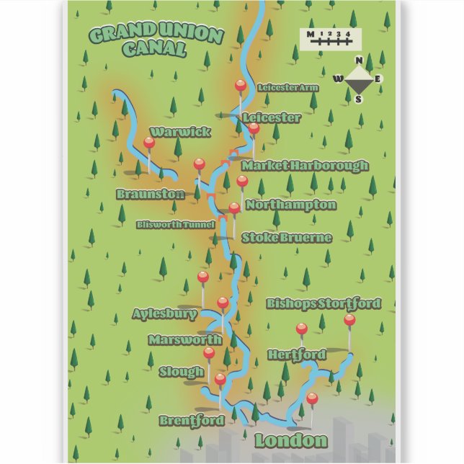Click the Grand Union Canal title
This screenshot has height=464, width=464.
click(155, 41)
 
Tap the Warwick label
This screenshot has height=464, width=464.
click(180, 132)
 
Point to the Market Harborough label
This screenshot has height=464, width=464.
click(305, 166)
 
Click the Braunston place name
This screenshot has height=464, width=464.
click(151, 195)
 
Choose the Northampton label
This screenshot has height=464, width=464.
click(290, 205)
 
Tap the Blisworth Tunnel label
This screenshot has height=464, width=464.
click(176, 225)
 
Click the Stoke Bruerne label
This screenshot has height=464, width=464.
click(286, 237)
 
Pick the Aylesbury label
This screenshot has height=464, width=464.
click(164, 314)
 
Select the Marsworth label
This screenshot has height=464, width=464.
click(185, 339)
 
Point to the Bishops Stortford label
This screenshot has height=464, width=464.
click(323, 303)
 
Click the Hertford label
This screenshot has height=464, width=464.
click(296, 354)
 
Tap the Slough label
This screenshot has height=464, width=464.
click(182, 372)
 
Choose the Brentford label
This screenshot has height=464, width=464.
click(192, 420)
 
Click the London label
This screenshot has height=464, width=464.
click(290, 440)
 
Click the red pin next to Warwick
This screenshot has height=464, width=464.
click(149, 143)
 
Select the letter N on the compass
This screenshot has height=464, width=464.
click(358, 61)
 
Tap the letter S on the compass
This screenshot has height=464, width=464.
click(358, 99)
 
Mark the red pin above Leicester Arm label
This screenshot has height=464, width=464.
click(241, 86)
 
